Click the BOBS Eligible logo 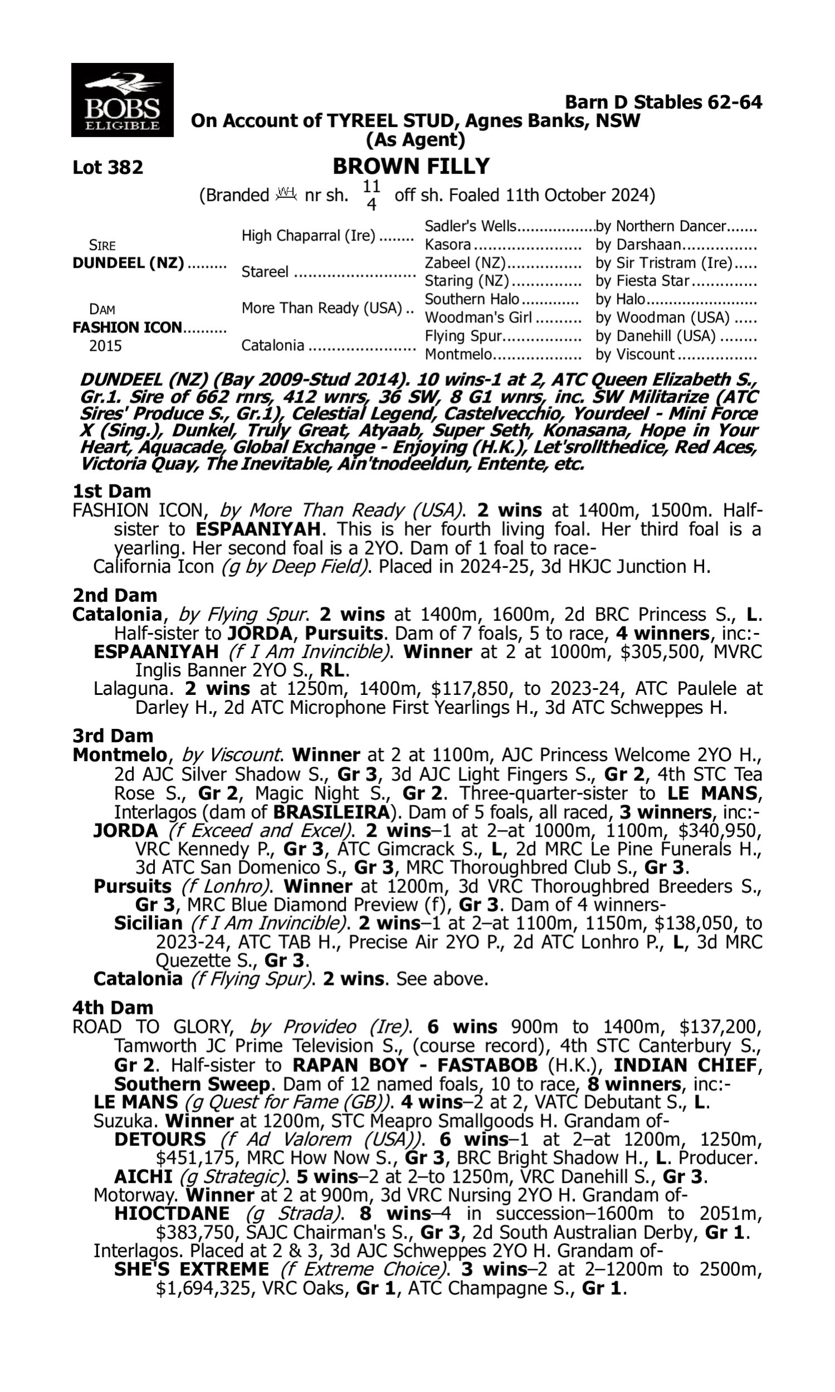(x=122, y=100)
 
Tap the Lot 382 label (x=107, y=168)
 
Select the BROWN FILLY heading (x=411, y=166)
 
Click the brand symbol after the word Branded (x=286, y=194)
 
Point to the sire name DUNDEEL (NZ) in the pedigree (x=128, y=263)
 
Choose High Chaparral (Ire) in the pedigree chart (x=308, y=236)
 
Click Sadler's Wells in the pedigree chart (x=470, y=226)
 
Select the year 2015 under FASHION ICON (x=105, y=345)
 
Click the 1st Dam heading (x=111, y=491)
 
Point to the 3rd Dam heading (x=112, y=736)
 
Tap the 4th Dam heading (x=112, y=1007)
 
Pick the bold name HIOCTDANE (x=171, y=1214)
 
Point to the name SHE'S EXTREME (x=191, y=1270)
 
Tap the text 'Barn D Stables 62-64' (x=664, y=102)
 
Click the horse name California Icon (x=153, y=566)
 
